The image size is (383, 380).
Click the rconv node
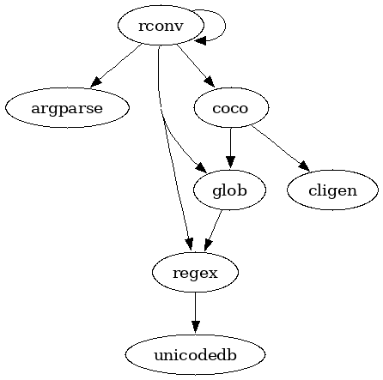click(161, 26)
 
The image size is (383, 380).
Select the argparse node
click(67, 108)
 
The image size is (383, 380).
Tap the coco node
click(231, 108)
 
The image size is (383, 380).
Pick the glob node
click(230, 190)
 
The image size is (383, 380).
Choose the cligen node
click(332, 190)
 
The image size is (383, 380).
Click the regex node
click(195, 273)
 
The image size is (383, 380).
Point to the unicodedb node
click(195, 355)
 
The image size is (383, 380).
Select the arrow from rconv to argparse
click(116, 65)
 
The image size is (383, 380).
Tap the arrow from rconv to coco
click(196, 65)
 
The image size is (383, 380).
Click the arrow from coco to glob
click(231, 148)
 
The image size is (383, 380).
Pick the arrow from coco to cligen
click(280, 148)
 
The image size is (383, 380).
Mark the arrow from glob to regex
click(213, 231)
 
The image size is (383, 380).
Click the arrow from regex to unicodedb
click(196, 313)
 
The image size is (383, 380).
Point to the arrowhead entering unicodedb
click(196, 328)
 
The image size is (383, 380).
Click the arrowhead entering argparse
click(96, 81)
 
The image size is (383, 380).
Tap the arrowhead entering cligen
click(304, 166)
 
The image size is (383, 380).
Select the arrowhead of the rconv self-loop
click(200, 40)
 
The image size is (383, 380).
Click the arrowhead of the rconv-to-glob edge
click(201, 167)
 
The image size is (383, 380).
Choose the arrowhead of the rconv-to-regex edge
click(189, 245)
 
